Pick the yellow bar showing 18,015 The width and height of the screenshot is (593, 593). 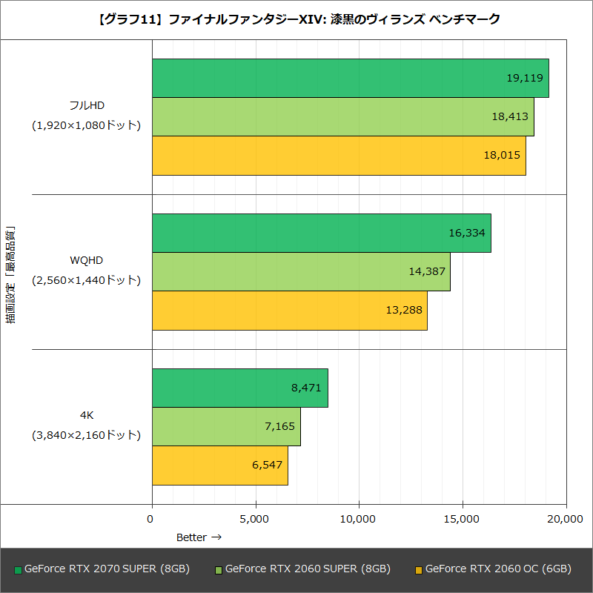(338, 155)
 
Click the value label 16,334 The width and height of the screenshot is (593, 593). (466, 233)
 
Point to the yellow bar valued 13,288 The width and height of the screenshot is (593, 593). (289, 310)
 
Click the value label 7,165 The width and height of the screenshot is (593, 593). (279, 426)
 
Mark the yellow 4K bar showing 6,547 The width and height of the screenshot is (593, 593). (219, 465)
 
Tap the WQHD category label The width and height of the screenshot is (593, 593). (86, 260)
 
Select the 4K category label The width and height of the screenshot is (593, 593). (86, 415)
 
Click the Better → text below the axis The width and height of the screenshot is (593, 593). (198, 537)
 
